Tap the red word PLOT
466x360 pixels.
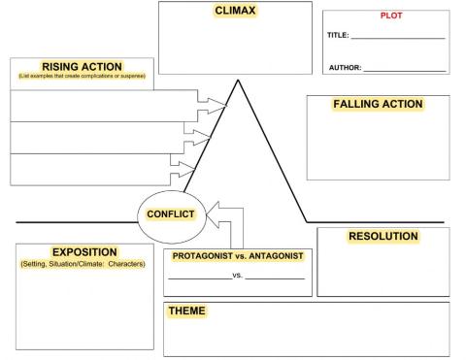coord(385,16)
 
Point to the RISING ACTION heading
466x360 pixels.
coord(82,66)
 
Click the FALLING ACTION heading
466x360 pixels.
coord(378,104)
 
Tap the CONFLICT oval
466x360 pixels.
coord(171,214)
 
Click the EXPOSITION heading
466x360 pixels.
coord(84,252)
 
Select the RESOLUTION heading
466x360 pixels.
coord(383,237)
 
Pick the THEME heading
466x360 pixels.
coord(187,311)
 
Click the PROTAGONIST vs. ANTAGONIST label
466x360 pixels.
coord(238,256)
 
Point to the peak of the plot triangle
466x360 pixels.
coord(236,81)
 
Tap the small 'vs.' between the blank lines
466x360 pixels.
coord(238,277)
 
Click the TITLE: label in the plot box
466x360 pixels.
coord(337,35)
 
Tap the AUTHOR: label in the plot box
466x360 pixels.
coord(344,68)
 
